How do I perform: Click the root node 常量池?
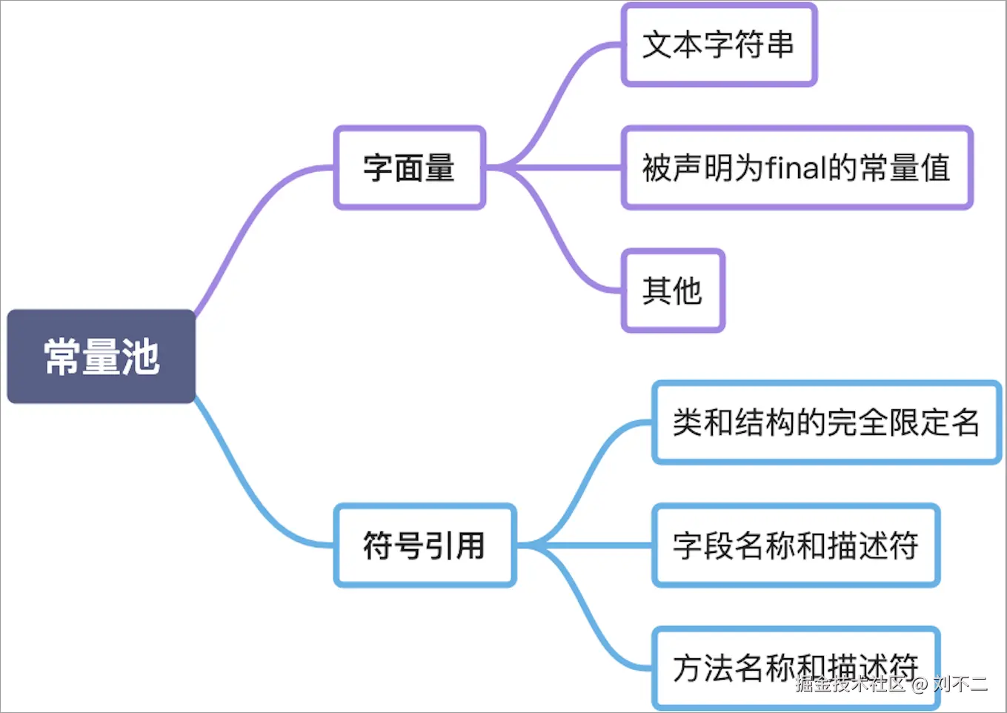[x=102, y=356]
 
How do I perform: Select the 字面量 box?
[x=409, y=168]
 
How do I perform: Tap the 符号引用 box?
[x=425, y=545]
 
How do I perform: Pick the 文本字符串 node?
[x=719, y=45]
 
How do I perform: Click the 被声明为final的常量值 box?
[x=797, y=168]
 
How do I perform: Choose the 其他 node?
[x=673, y=291]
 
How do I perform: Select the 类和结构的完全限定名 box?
[x=826, y=422]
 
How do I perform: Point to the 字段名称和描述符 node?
[x=796, y=545]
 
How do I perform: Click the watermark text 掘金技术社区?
[x=851, y=683]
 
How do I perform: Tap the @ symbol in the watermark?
[x=920, y=683]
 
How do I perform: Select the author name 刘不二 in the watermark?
[x=960, y=683]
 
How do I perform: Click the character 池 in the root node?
[x=141, y=356]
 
